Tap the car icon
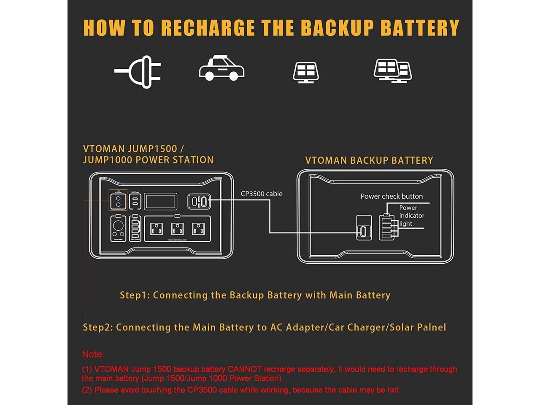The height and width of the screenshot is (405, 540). tap(221, 68)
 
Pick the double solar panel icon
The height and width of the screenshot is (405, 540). tap(392, 70)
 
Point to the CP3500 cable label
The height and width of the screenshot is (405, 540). tap(262, 194)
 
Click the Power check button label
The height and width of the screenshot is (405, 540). tap(391, 196)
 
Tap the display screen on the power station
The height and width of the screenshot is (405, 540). tap(161, 201)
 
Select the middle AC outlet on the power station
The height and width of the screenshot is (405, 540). tap(177, 229)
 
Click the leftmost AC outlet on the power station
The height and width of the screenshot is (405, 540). tap(157, 229)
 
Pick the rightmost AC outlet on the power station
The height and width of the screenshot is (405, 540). tap(198, 229)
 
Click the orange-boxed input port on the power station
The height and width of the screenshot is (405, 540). tap(118, 200)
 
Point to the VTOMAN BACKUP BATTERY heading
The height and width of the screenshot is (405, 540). tap(369, 160)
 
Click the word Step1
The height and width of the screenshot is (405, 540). tap(134, 295)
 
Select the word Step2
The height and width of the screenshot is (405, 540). tap(97, 327)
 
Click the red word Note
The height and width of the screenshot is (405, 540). tap(92, 354)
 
